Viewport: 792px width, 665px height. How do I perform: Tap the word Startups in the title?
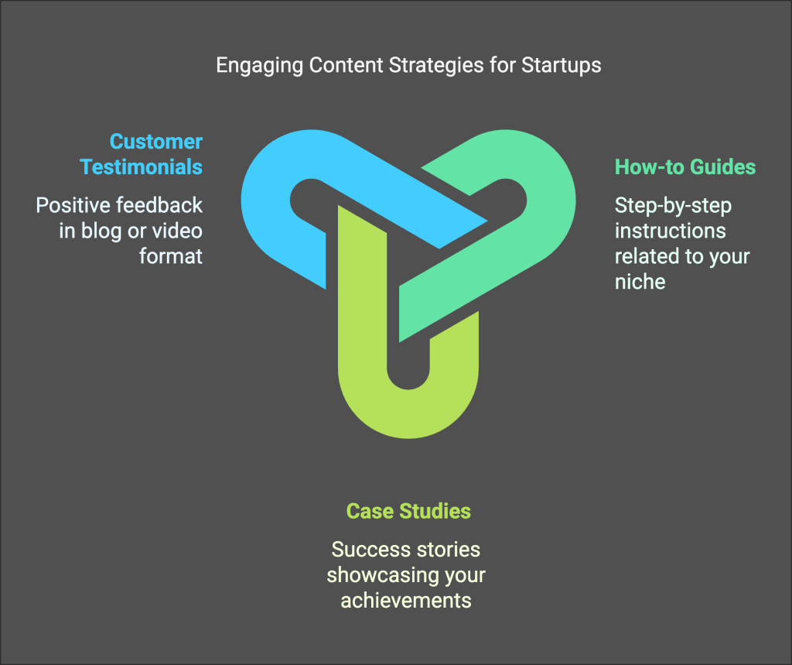pyautogui.click(x=561, y=65)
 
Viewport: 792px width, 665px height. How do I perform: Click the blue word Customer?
pyautogui.click(x=155, y=142)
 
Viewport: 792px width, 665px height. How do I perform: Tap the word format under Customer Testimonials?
pyautogui.click(x=170, y=255)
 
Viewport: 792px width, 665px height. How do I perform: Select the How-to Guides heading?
pyautogui.click(x=685, y=167)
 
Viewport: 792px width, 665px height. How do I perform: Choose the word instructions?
pyautogui.click(x=670, y=231)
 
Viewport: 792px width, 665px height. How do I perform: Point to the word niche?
pyautogui.click(x=640, y=281)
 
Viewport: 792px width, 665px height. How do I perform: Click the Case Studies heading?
pyautogui.click(x=408, y=511)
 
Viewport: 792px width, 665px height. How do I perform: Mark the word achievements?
pyautogui.click(x=406, y=601)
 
